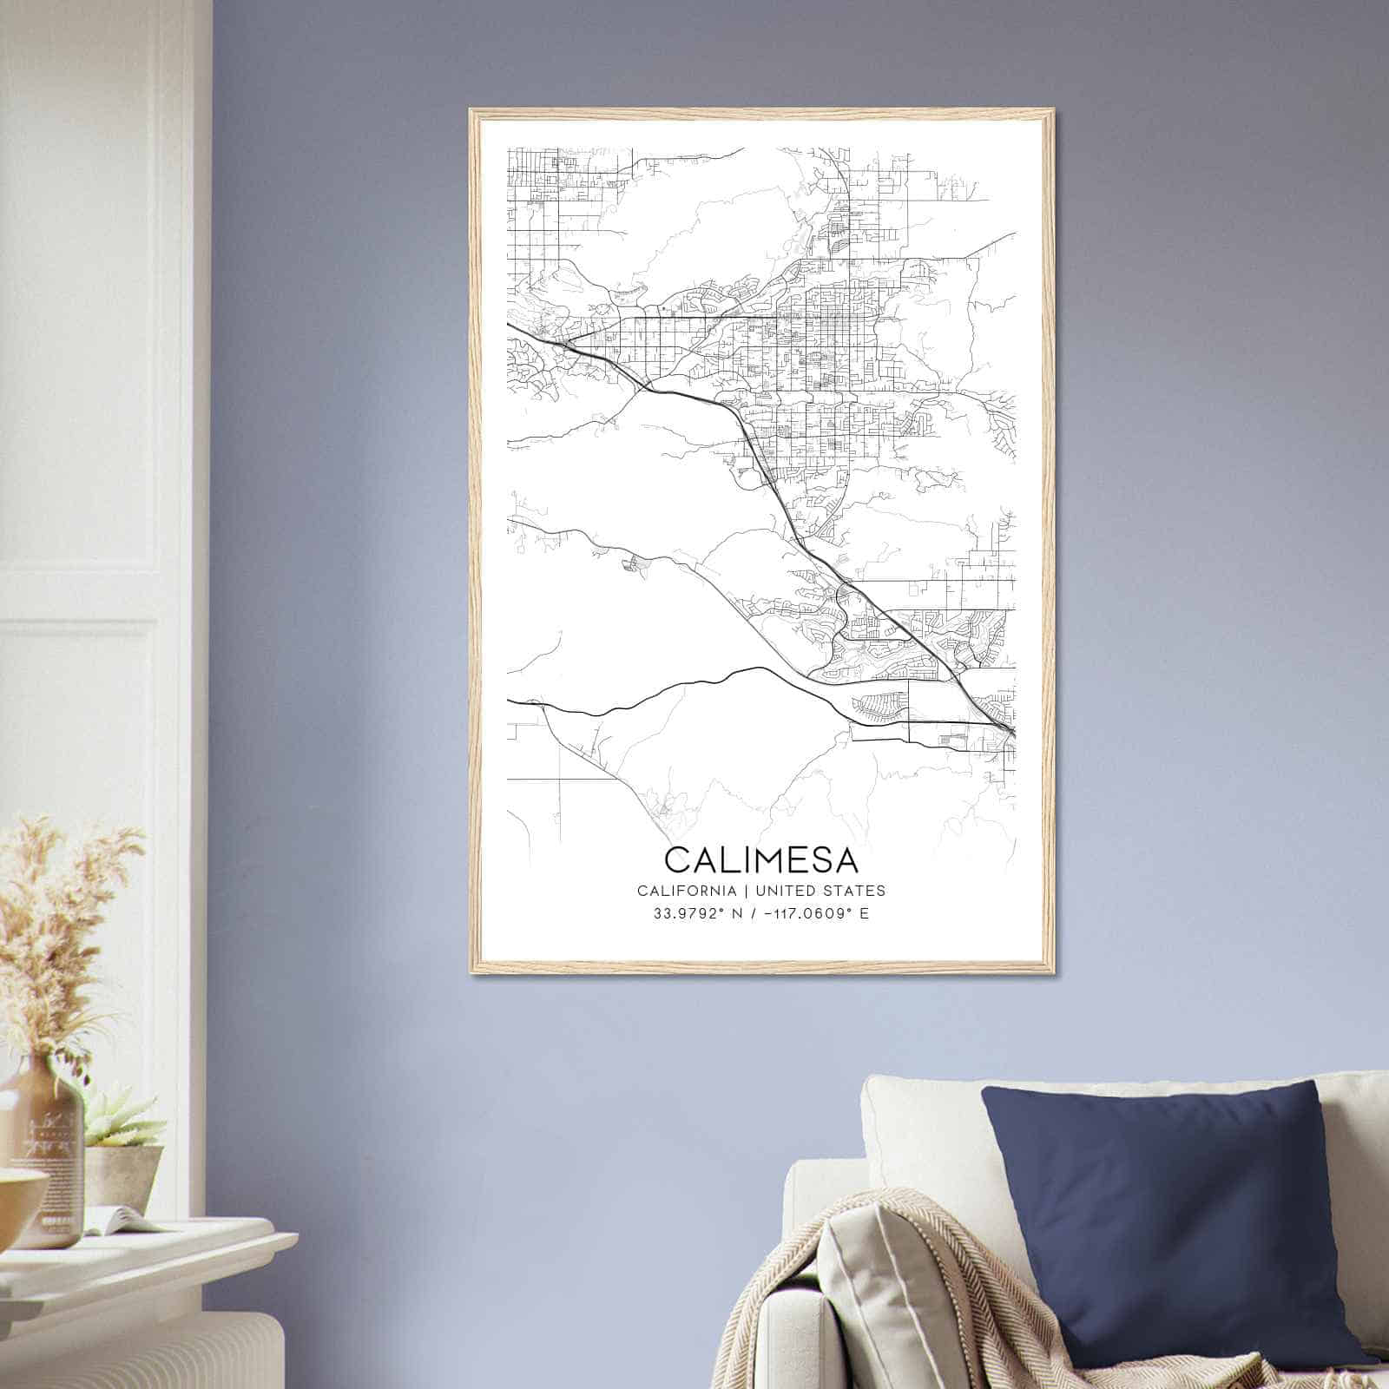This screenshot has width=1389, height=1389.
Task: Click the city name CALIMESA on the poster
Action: pyautogui.click(x=761, y=859)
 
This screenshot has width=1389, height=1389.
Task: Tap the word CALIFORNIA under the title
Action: pyautogui.click(x=687, y=891)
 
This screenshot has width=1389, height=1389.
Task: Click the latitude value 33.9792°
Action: pyautogui.click(x=684, y=913)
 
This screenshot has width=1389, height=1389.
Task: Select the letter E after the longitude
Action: pyautogui.click(x=864, y=913)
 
